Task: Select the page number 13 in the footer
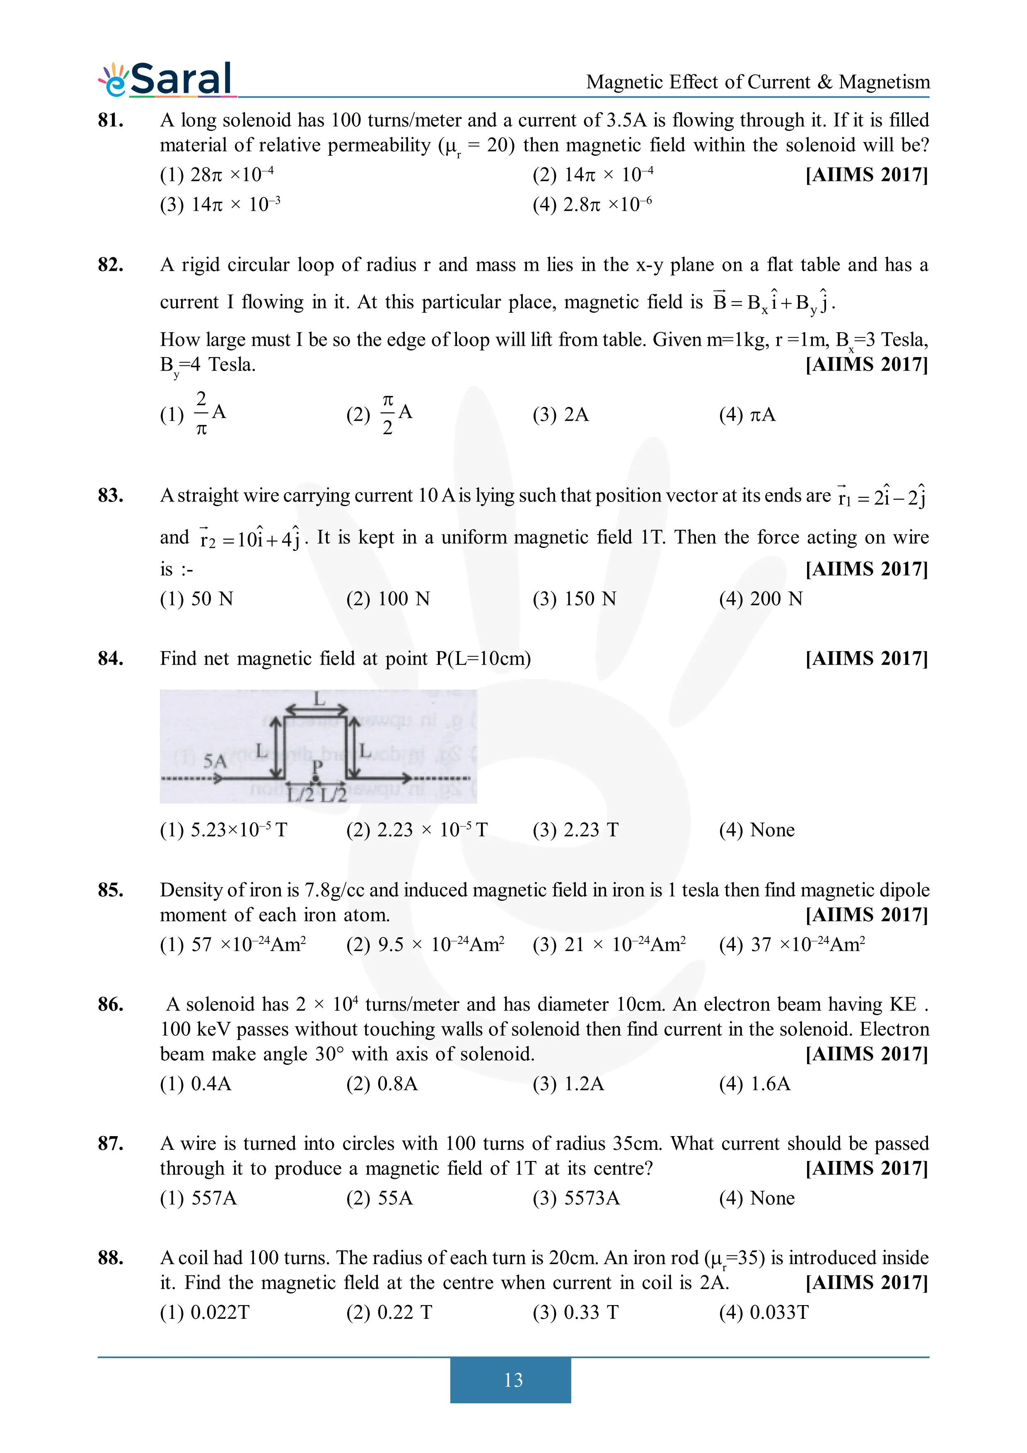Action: [x=512, y=1380]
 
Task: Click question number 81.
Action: [x=111, y=120]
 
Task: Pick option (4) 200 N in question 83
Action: [x=761, y=599]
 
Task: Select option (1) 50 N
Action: [x=196, y=599]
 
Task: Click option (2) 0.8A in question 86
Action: [x=382, y=1084]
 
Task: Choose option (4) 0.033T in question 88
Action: [x=764, y=1313]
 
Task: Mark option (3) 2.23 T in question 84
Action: [x=575, y=830]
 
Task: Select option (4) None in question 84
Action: [x=757, y=830]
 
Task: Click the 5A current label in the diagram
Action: [x=215, y=761]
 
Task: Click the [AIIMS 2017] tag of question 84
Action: [x=866, y=659]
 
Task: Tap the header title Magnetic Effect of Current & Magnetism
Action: [x=757, y=82]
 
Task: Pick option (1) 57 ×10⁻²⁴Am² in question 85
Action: [x=233, y=945]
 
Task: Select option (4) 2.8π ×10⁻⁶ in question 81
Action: [x=592, y=205]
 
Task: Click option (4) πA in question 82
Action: [x=747, y=415]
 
